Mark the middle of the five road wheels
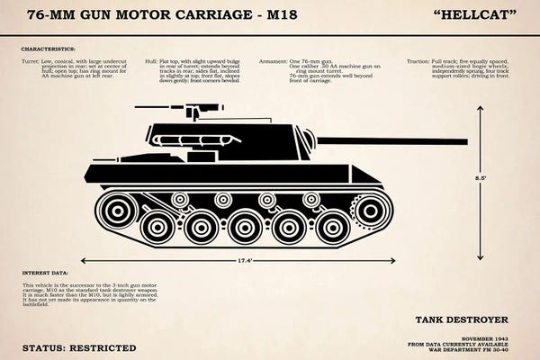tap(245, 225)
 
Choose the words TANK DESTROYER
tap(462, 319)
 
